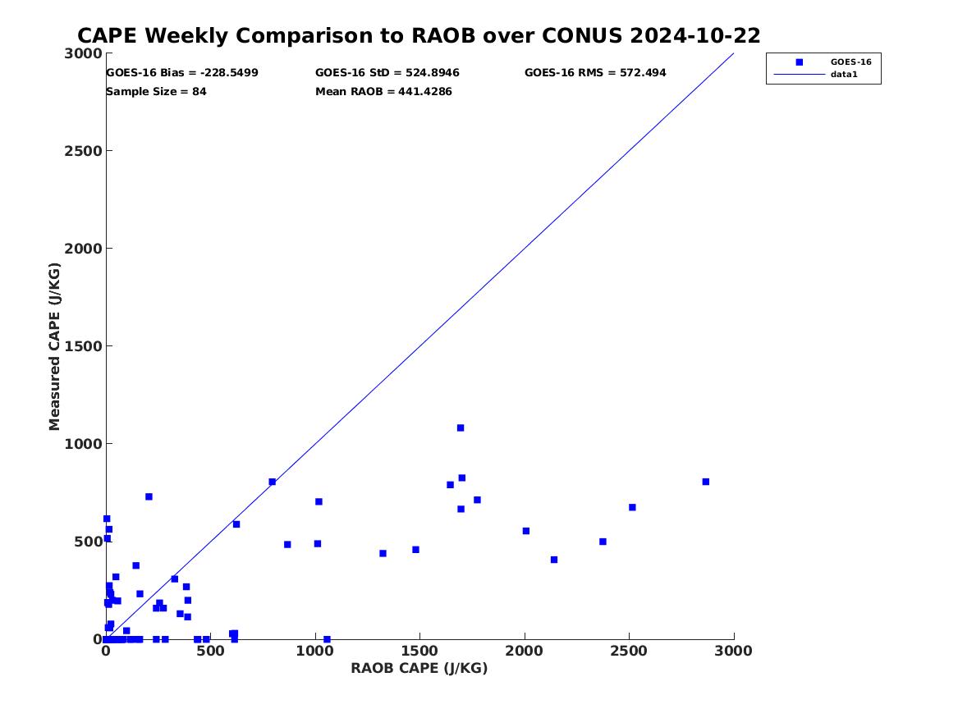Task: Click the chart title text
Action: (x=419, y=36)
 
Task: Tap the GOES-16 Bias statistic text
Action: (x=182, y=73)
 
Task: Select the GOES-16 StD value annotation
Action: (x=387, y=73)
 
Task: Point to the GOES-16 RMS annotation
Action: (x=595, y=73)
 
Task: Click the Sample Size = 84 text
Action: (x=156, y=92)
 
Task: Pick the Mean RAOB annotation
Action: (x=383, y=92)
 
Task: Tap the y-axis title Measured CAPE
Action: (x=55, y=346)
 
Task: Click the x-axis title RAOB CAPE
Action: (x=419, y=668)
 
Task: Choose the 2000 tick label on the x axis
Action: (x=525, y=652)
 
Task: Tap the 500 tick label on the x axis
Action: (x=210, y=652)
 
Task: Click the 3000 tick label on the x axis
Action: (x=734, y=652)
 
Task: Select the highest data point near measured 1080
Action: (x=461, y=428)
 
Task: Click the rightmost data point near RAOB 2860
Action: (x=705, y=482)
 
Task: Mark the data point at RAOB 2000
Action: (x=525, y=531)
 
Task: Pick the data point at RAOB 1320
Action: (x=383, y=553)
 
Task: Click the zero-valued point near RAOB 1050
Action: (x=327, y=639)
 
